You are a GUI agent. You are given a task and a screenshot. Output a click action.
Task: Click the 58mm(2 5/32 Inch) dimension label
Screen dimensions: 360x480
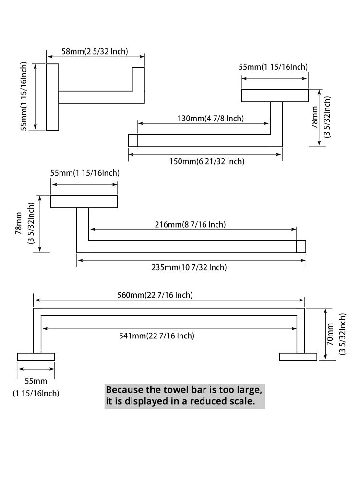pyautogui.click(x=95, y=51)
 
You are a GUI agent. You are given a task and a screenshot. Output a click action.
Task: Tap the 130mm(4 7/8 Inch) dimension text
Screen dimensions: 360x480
pyautogui.click(x=211, y=118)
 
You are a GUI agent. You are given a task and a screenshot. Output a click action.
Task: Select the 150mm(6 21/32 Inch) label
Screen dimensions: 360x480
pyautogui.click(x=207, y=161)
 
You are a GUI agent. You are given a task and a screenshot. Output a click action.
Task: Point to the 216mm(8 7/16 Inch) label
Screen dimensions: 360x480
pyautogui.click(x=190, y=224)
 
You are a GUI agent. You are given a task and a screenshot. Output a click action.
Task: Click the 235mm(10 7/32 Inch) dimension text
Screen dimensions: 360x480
pyautogui.click(x=189, y=267)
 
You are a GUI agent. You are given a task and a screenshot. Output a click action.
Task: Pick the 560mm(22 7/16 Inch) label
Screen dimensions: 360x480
pyautogui.click(x=155, y=295)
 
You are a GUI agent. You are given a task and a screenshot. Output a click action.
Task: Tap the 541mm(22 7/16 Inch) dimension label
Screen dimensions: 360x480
pyautogui.click(x=156, y=336)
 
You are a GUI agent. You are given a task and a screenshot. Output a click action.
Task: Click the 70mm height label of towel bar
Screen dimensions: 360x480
pyautogui.click(x=330, y=334)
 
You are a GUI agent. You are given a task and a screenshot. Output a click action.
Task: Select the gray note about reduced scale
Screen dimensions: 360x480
pyautogui.click(x=185, y=397)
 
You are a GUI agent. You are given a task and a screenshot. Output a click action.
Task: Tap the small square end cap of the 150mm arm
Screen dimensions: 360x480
pyautogui.click(x=133, y=141)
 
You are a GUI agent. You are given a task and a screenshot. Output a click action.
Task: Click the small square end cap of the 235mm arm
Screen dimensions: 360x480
pyautogui.click(x=301, y=247)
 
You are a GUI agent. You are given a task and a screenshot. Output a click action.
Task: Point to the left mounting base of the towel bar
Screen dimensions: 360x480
pyautogui.click(x=36, y=357)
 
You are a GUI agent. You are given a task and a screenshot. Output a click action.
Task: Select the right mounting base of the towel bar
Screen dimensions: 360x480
pyautogui.click(x=298, y=357)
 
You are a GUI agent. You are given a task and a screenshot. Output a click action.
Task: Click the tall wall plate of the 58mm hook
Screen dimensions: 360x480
pyautogui.click(x=52, y=97)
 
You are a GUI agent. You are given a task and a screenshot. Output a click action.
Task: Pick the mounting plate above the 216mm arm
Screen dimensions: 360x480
pyautogui.click(x=84, y=202)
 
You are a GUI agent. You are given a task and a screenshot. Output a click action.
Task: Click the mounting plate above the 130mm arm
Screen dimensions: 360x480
pyautogui.click(x=275, y=96)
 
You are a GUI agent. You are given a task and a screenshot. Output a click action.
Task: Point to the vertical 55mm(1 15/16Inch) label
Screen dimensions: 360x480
pyautogui.click(x=24, y=96)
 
